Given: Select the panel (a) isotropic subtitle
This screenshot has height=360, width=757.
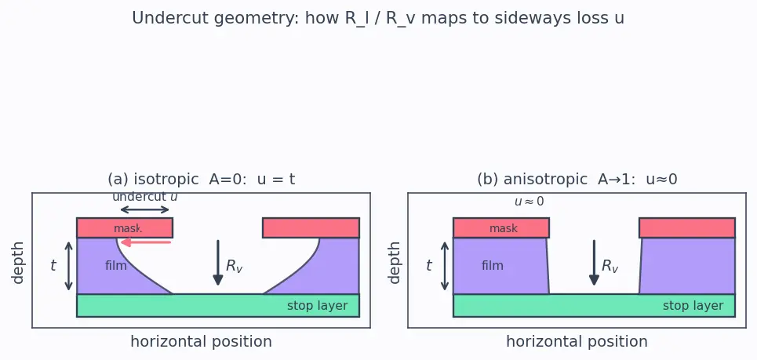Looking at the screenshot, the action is tap(202, 180).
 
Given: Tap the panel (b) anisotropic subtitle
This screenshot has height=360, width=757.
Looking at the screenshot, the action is tap(577, 180).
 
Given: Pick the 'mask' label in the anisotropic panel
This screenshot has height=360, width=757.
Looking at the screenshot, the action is tap(504, 228).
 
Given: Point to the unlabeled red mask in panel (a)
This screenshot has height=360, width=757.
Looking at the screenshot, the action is tap(311, 227).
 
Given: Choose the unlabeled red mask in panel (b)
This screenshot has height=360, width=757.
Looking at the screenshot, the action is tap(687, 227).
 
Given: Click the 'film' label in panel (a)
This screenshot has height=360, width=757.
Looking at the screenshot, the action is tap(116, 265).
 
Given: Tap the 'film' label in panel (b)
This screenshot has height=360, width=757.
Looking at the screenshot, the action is tap(493, 265).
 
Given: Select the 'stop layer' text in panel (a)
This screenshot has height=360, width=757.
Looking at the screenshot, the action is tap(317, 306).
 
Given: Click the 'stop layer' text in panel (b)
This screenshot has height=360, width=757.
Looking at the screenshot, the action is tap(693, 306).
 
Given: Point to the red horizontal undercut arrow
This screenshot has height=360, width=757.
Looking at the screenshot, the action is tap(146, 242).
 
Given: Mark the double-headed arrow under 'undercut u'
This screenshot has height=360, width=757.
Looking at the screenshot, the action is tap(145, 209).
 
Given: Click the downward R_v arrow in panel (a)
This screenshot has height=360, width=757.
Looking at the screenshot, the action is tap(218, 263).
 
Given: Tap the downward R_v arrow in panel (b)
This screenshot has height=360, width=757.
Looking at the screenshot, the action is tap(595, 263).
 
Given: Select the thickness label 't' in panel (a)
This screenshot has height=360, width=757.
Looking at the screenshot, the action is tap(53, 265).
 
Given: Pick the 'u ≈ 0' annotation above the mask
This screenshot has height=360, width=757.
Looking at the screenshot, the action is tap(530, 202).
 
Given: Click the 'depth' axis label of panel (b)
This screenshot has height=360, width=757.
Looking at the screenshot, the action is tap(394, 263).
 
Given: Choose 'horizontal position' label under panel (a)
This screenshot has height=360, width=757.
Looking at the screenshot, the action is tap(202, 342).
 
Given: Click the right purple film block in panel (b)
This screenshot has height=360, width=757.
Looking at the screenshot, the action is tap(687, 266).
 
